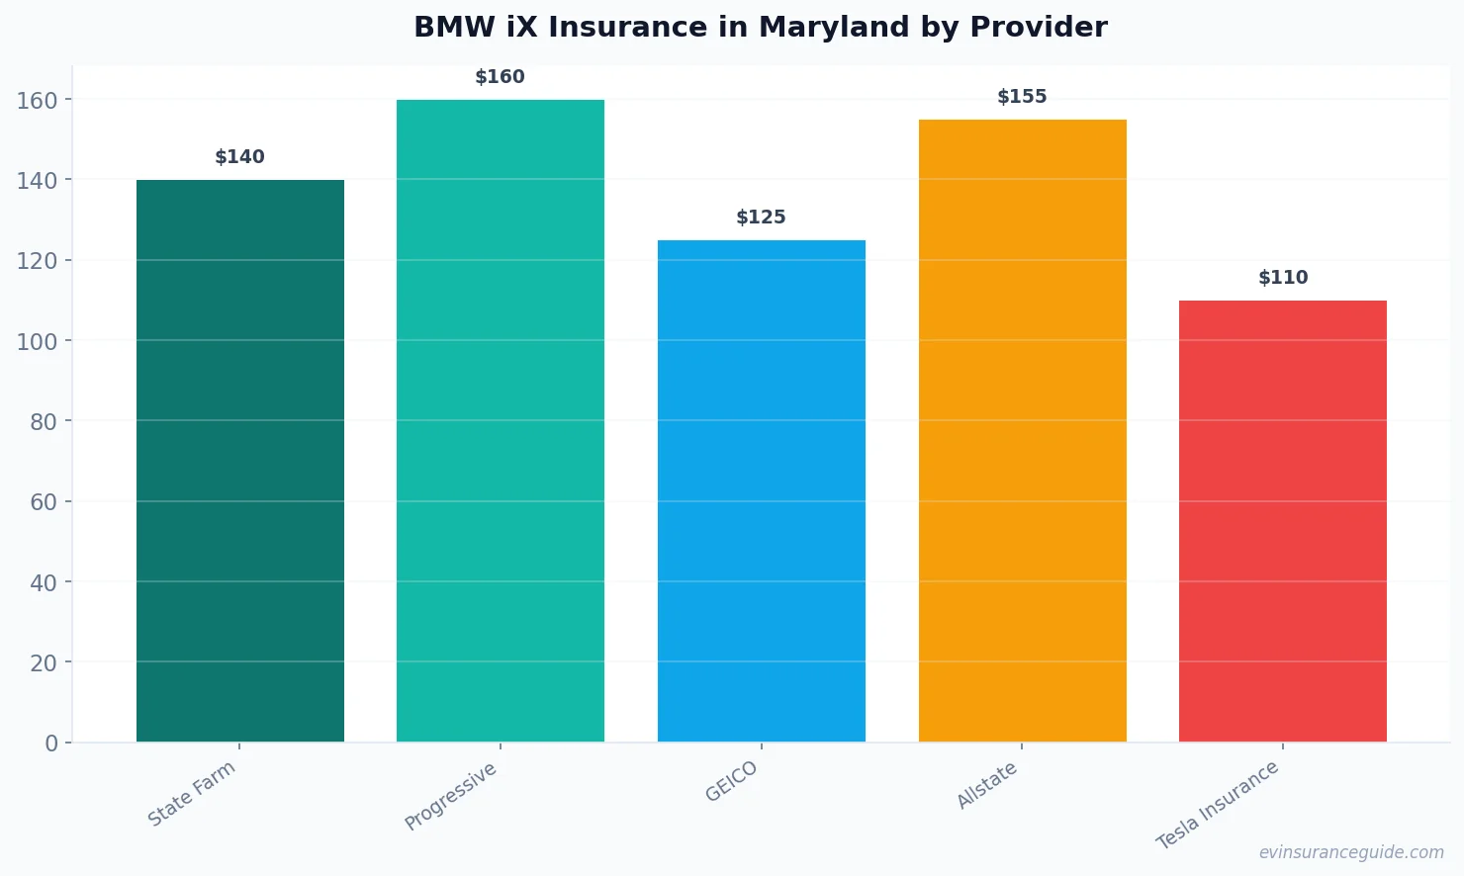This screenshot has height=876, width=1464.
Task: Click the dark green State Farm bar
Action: point(240,461)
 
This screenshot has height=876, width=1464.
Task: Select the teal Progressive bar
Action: point(501,420)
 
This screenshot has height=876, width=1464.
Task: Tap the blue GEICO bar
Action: point(762,490)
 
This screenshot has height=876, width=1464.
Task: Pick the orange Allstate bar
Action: point(1022,430)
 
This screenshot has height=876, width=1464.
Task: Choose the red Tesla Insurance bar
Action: point(1283,521)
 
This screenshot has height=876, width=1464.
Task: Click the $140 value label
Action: point(240,157)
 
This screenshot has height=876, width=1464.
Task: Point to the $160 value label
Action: point(501,77)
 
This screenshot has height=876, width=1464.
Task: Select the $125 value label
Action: point(762,218)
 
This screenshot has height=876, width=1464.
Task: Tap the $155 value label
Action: point(1022,97)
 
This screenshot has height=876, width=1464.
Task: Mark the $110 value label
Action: point(1283,278)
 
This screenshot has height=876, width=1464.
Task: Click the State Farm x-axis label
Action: point(192,793)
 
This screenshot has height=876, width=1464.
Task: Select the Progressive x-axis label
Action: point(451,796)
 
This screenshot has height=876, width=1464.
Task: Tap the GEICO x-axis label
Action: point(732,781)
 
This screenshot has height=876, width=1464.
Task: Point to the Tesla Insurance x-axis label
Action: point(1218,805)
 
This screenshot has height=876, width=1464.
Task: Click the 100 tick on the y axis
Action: point(37,341)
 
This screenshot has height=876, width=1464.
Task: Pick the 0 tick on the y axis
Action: point(51,744)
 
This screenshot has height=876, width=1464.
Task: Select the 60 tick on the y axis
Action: point(44,502)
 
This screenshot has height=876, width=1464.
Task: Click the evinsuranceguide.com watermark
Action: point(1351,852)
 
